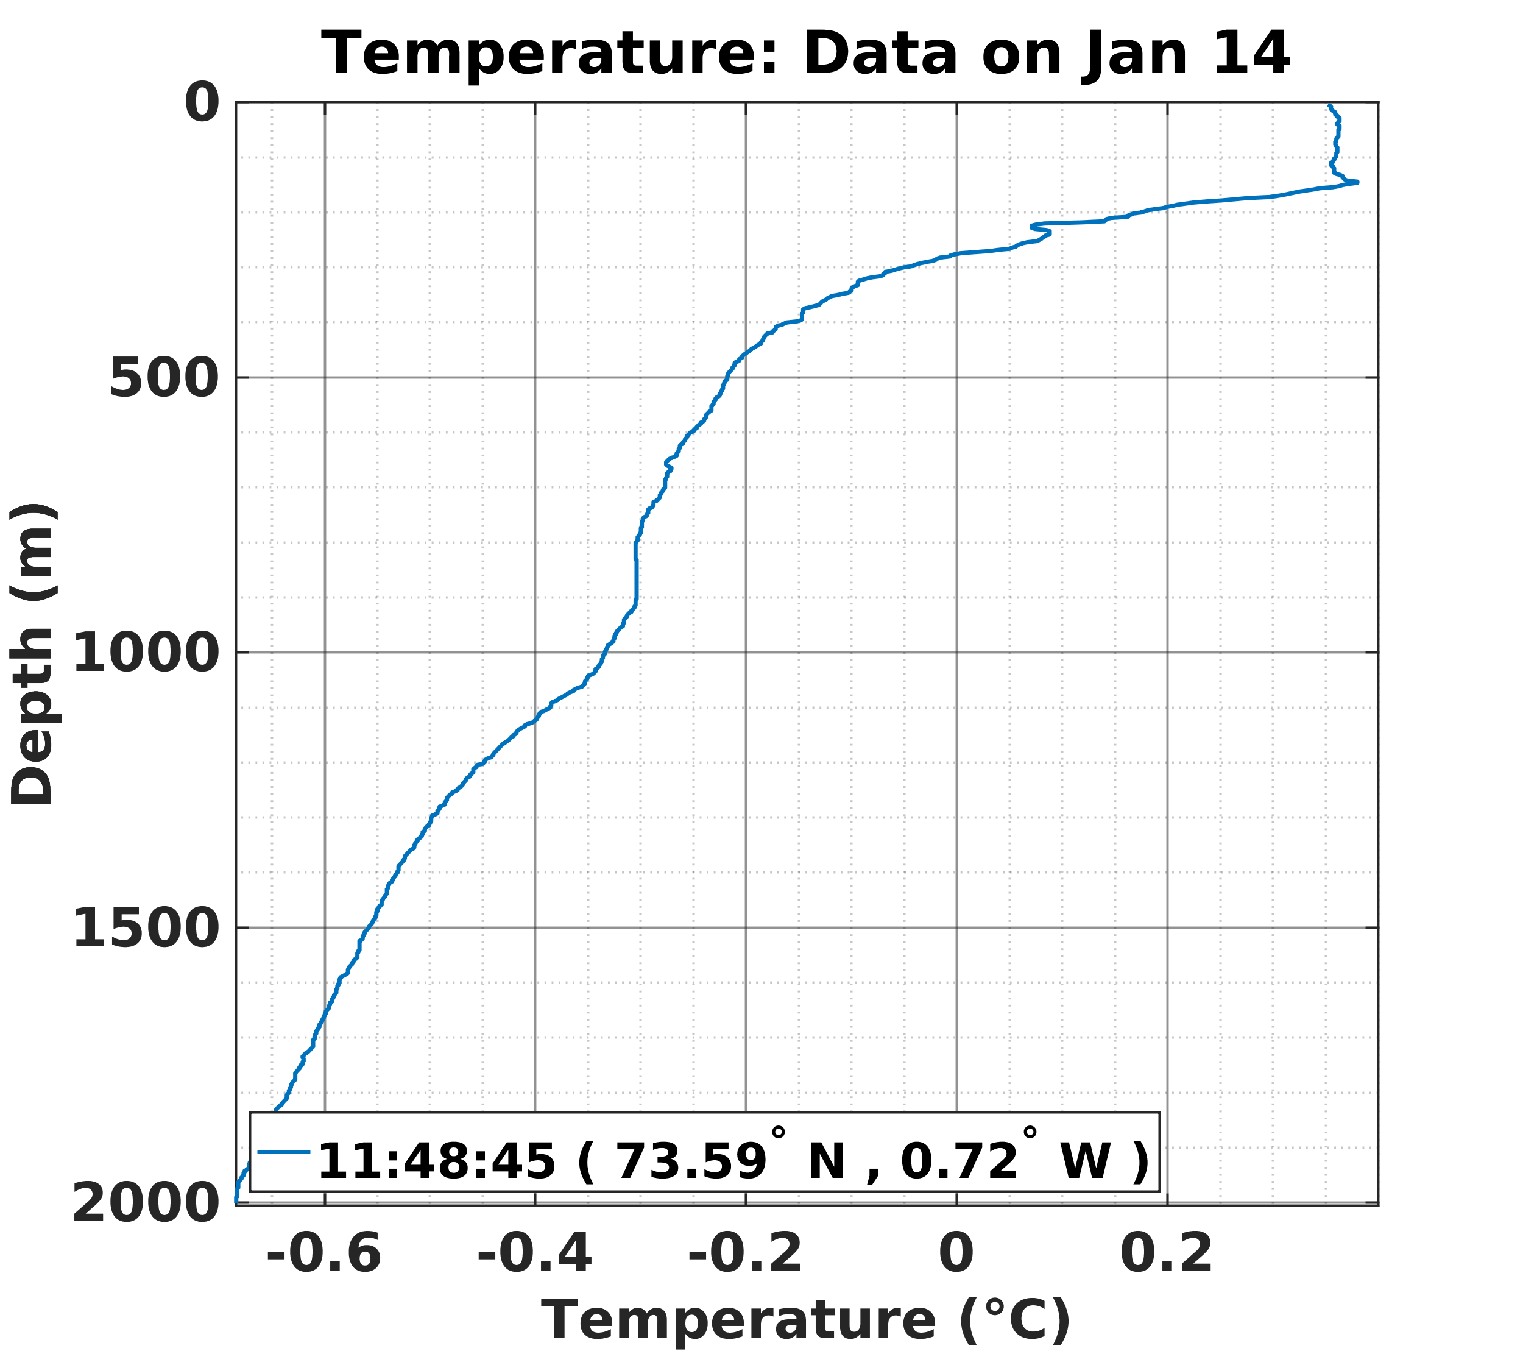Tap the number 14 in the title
point(1251,54)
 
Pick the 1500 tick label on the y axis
point(146,932)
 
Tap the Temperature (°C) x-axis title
point(805,1320)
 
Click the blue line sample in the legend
point(283,1151)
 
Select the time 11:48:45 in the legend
point(437,1161)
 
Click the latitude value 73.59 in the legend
point(692,1161)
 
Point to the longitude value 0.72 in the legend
point(959,1161)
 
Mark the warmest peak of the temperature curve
point(1357,182)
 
